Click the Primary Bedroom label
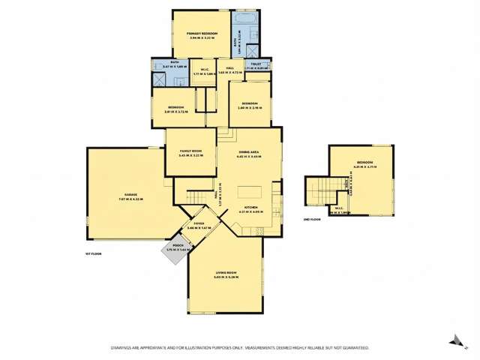[x=202, y=34]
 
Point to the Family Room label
[x=191, y=153]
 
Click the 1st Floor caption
[x=92, y=255]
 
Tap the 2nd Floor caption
[x=312, y=218]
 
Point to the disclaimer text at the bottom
[x=239, y=348]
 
